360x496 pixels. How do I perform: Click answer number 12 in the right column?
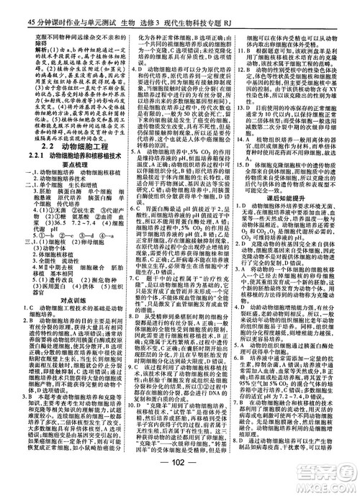pos(242,86)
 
